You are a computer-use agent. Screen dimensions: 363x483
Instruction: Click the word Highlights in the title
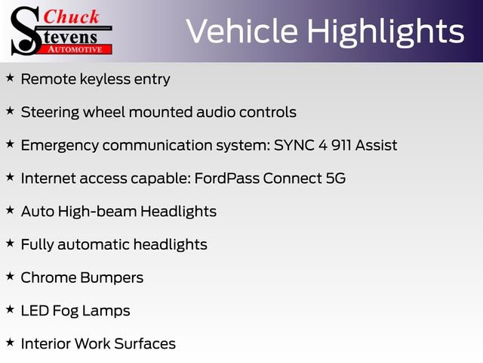386,32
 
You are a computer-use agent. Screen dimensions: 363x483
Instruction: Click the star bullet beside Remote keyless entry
10,78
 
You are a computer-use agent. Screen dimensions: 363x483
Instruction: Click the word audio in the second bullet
217,112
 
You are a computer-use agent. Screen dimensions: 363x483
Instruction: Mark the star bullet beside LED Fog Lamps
10,310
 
